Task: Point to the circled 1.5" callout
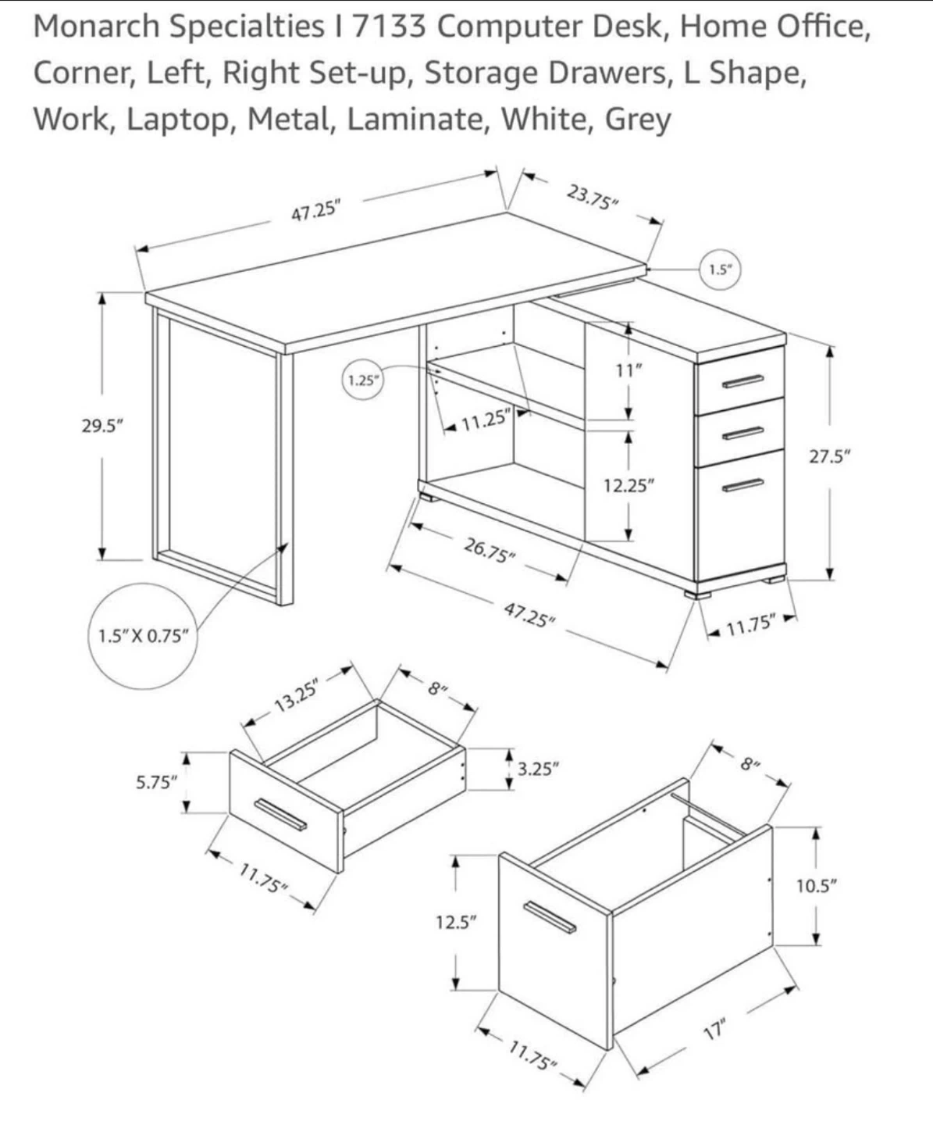[x=719, y=270]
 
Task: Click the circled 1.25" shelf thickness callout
[x=364, y=380]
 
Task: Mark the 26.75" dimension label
[x=490, y=549]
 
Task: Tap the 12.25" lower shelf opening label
[x=629, y=485]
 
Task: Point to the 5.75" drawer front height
[x=157, y=781]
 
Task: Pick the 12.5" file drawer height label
[x=456, y=922]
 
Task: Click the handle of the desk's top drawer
[x=742, y=380]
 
